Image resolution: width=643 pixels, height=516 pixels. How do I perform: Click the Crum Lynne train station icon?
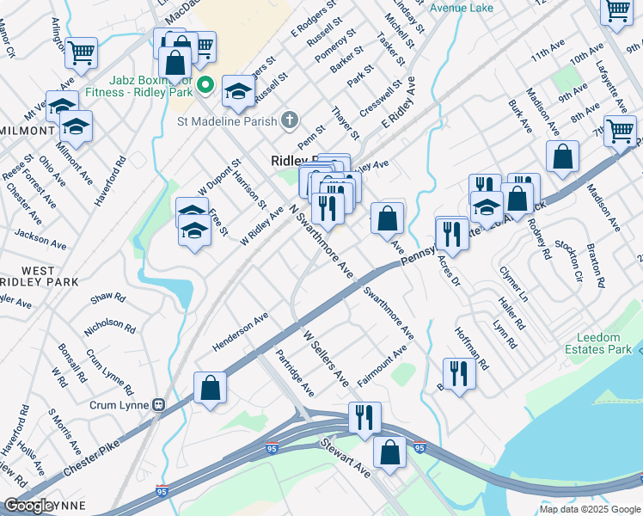(x=158, y=404)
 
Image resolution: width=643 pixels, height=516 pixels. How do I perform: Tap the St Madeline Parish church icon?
(x=290, y=120)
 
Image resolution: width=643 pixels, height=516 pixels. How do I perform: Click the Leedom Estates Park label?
(x=599, y=343)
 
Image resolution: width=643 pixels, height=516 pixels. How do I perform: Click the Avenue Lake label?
(x=462, y=8)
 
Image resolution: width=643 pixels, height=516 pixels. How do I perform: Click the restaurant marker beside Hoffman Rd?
(x=459, y=373)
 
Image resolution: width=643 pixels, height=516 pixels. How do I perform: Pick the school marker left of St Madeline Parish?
(x=238, y=90)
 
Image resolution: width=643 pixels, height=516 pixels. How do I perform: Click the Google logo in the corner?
(x=28, y=506)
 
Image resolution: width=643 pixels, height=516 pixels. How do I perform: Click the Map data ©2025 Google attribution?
(x=589, y=509)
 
